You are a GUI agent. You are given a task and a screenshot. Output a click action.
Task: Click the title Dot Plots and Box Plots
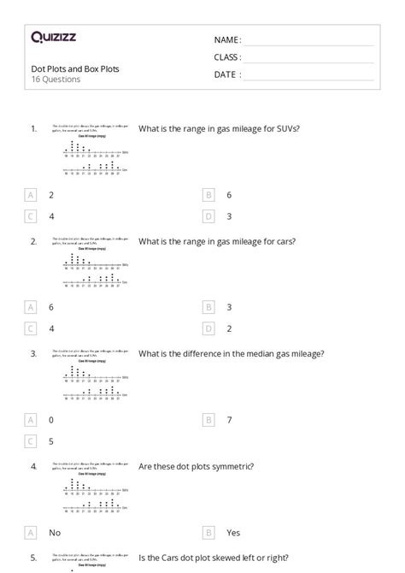click(x=75, y=68)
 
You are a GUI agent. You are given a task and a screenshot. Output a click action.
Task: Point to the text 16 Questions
click(x=56, y=80)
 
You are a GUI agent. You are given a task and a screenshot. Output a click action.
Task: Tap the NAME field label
click(x=227, y=40)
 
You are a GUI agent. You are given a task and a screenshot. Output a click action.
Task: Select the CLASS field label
click(x=227, y=57)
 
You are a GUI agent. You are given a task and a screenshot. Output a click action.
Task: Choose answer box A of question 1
click(x=31, y=195)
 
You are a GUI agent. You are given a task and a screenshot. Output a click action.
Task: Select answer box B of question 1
click(x=208, y=195)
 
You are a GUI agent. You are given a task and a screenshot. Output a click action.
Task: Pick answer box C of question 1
click(x=31, y=216)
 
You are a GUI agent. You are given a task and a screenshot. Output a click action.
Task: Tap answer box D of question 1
click(x=208, y=216)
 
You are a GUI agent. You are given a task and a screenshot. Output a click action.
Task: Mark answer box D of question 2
click(x=208, y=328)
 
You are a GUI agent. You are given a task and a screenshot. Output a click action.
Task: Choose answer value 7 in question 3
click(x=229, y=420)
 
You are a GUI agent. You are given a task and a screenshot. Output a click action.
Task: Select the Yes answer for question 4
click(x=233, y=532)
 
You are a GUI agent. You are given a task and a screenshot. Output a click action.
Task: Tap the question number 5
click(x=33, y=558)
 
